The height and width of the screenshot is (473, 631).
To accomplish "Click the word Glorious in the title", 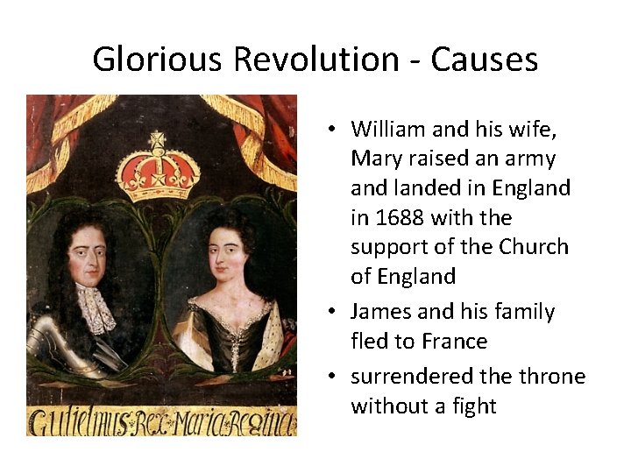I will (154, 60).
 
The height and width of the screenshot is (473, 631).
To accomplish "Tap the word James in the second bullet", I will (378, 311).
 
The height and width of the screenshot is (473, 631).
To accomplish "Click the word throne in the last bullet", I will (551, 376).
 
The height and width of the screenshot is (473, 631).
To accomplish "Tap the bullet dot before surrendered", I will (335, 377).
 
